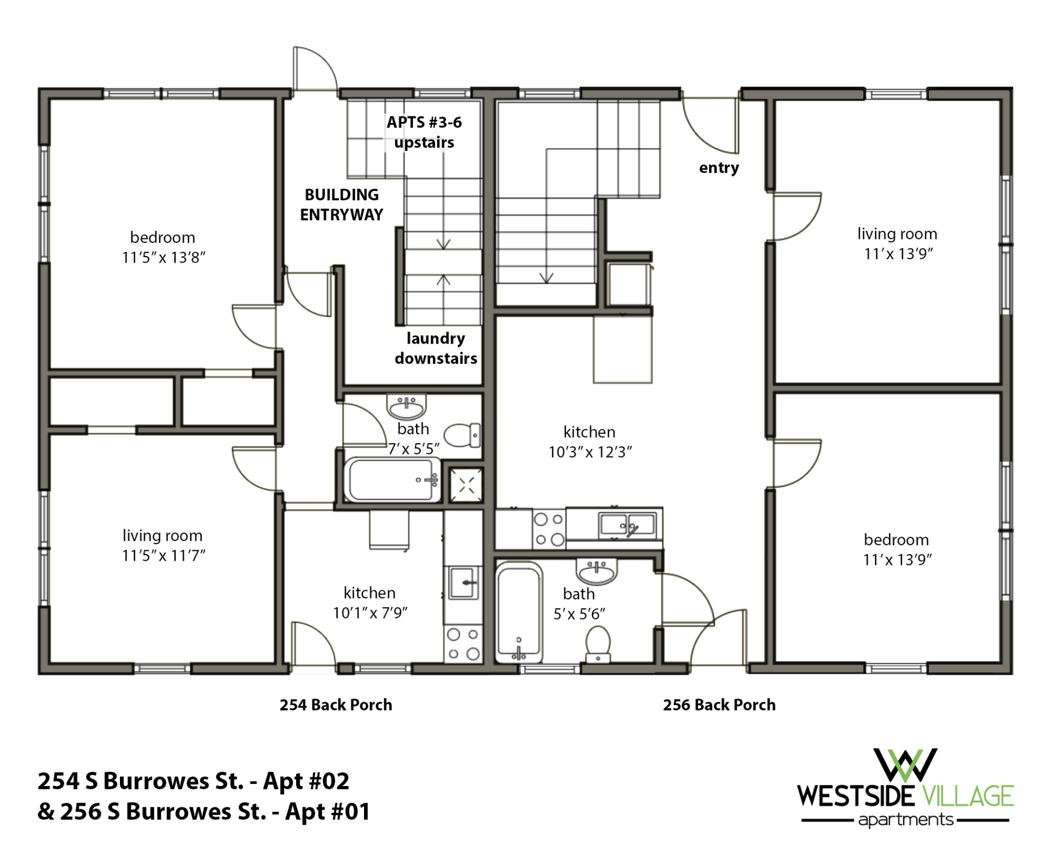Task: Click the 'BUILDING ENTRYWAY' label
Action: coord(341,205)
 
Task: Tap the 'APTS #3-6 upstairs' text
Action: coord(424,132)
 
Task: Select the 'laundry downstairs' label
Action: coord(436,348)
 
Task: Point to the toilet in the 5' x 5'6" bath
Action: coord(598,644)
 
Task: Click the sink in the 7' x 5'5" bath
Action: coord(406,406)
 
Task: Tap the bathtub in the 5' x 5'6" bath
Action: coord(518,613)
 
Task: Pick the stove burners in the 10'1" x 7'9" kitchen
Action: coord(463,644)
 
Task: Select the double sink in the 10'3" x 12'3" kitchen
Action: coord(627,525)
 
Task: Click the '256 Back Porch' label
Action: coord(719,705)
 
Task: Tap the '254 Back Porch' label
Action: coord(336,705)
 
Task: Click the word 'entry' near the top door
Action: coord(719,167)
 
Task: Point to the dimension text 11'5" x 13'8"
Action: coord(163,257)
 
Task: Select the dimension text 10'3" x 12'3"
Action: coord(590,452)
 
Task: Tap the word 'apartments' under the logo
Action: coord(905,820)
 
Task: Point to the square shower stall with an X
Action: coord(466,485)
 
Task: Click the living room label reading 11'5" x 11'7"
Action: coord(163,545)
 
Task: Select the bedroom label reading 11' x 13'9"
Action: coord(897,549)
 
